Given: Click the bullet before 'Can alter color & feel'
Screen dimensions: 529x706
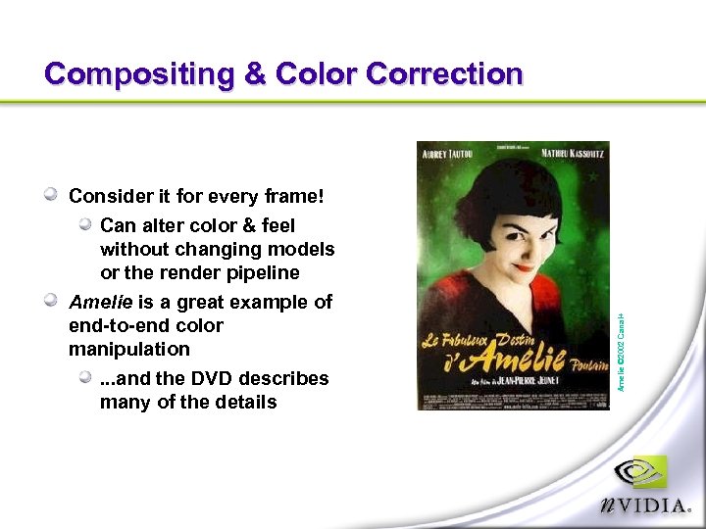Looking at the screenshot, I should tap(86, 225).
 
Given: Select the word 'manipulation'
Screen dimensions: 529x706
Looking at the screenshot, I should tap(129, 349).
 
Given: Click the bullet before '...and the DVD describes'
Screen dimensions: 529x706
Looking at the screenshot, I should tap(86, 378).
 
